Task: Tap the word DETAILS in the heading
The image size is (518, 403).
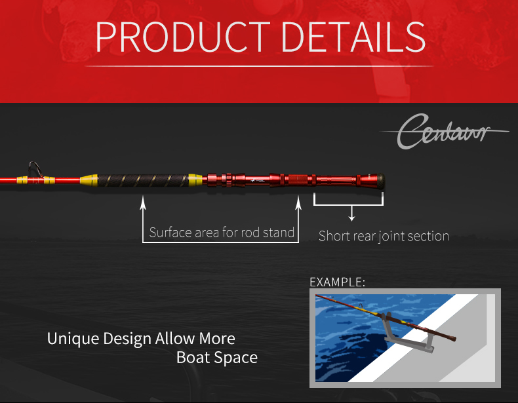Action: pos(353,37)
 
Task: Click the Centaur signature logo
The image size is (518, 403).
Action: pos(445,131)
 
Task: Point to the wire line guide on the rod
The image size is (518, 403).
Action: pos(35,169)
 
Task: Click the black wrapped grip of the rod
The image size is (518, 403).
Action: pos(143,181)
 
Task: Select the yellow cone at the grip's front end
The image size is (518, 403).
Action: pos(89,180)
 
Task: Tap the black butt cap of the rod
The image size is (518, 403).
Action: pos(380,182)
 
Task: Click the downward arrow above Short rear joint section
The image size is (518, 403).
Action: pos(352,213)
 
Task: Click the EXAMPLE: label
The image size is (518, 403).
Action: pos(338,282)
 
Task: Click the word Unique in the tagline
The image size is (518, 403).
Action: pos(73,339)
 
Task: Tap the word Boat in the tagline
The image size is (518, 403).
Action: pos(191,357)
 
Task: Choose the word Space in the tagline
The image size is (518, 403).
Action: pos(234,358)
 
